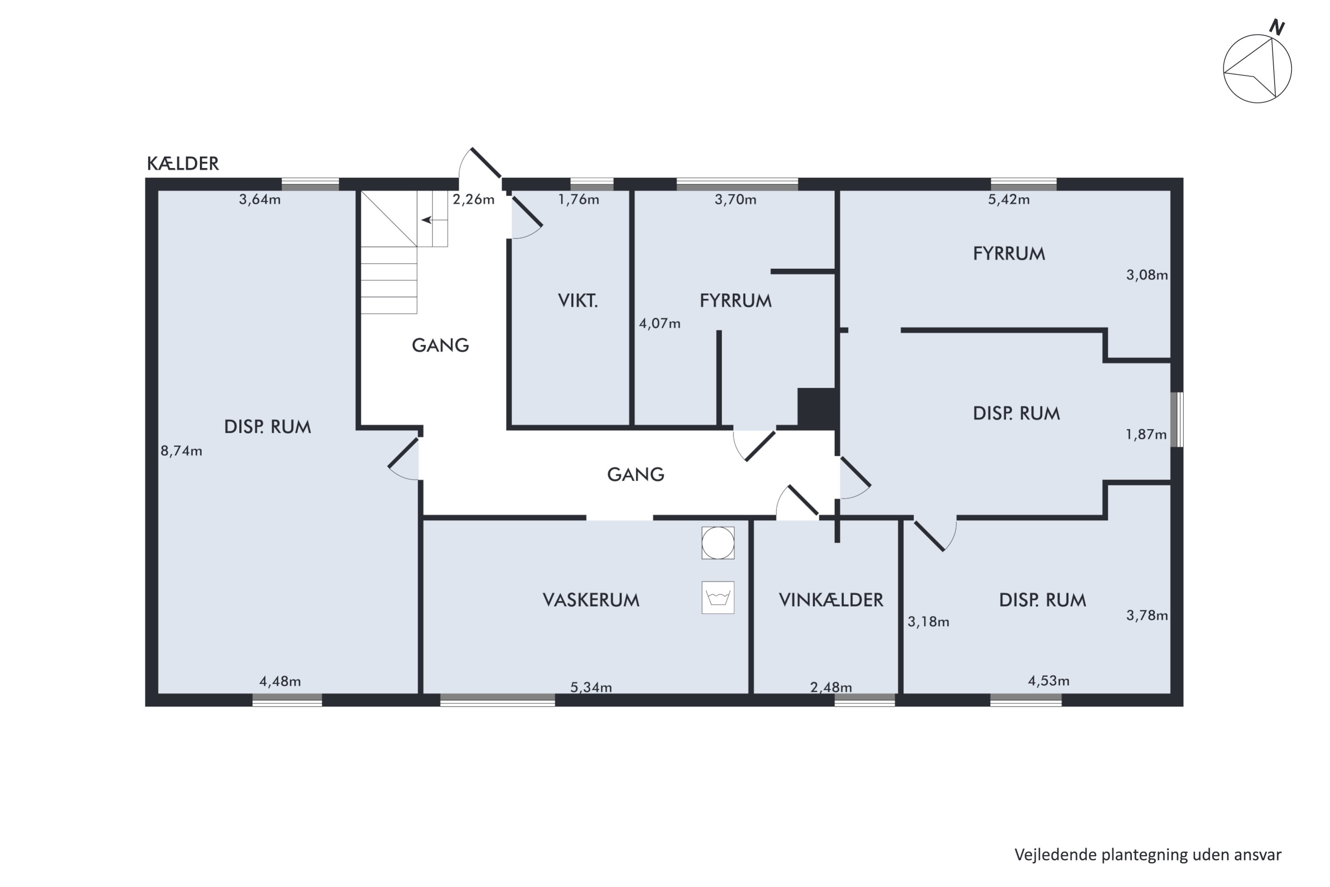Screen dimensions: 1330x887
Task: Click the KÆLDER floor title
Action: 183,164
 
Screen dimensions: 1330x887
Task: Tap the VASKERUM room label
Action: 591,600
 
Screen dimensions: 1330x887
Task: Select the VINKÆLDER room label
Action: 831,600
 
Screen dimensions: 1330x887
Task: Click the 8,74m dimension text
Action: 181,451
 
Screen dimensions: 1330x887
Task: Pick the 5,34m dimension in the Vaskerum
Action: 591,687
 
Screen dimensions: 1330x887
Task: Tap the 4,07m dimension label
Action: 659,324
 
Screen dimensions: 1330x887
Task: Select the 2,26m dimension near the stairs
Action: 473,199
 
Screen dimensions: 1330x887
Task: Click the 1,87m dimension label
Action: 1146,435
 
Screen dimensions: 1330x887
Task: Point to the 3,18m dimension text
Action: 928,622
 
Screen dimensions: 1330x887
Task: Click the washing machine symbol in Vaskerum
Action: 718,597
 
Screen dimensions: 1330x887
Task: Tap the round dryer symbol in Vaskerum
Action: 718,543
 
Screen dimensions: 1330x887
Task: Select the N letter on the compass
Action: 1277,27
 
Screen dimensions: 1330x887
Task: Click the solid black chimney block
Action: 817,407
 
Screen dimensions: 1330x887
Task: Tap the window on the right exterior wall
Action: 1177,420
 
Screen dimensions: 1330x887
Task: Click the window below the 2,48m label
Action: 864,700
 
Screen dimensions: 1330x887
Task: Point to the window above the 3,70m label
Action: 737,184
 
